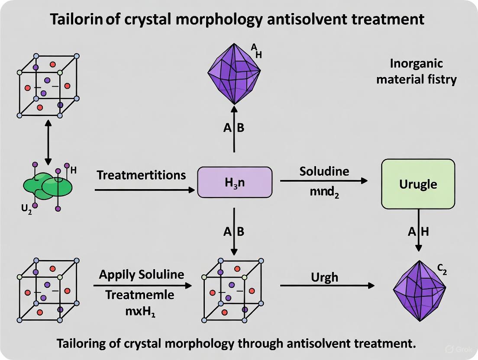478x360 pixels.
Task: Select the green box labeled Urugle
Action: point(418,184)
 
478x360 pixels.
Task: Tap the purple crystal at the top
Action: point(234,72)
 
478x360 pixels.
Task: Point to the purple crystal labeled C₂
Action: point(420,291)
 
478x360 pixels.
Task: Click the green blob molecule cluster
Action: point(48,186)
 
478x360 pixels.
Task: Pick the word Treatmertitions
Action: point(141,175)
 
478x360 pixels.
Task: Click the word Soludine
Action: point(324,171)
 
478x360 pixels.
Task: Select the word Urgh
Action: point(325,277)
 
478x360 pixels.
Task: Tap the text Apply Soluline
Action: point(142,274)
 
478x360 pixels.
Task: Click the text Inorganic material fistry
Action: point(416,71)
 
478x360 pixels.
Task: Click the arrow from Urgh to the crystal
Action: point(327,286)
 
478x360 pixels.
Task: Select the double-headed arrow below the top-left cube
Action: point(48,141)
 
